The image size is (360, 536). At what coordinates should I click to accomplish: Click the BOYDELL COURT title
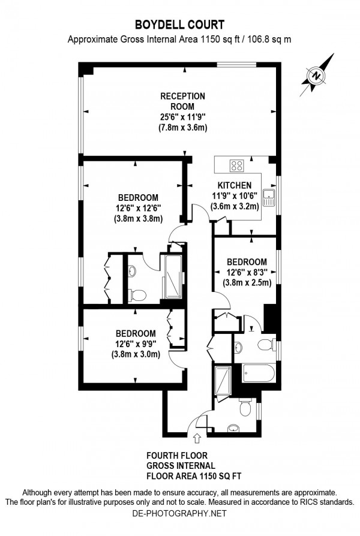tap(179, 25)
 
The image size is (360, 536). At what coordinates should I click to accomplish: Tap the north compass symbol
tap(316, 76)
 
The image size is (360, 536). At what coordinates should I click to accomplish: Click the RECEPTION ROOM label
tap(182, 101)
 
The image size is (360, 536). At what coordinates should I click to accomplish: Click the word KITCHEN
tap(234, 185)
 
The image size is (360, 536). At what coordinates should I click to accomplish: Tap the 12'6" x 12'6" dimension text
tap(138, 208)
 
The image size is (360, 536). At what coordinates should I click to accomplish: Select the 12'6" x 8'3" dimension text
tap(247, 272)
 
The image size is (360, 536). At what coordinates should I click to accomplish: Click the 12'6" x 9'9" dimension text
tap(136, 344)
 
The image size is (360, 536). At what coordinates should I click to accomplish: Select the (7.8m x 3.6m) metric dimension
tap(182, 127)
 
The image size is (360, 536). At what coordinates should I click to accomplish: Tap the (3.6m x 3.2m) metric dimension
tap(234, 206)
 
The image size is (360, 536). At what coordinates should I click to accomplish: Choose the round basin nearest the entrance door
tap(231, 428)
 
